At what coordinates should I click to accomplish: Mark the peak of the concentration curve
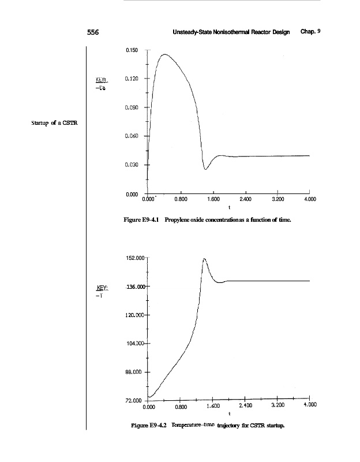(165, 54)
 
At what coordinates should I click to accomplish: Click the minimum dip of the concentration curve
(205, 169)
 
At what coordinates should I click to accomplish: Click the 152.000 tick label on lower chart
(136, 258)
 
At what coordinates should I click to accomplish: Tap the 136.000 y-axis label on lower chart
(137, 286)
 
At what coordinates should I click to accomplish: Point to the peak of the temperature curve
(204, 259)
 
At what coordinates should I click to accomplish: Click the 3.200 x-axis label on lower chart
(277, 406)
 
